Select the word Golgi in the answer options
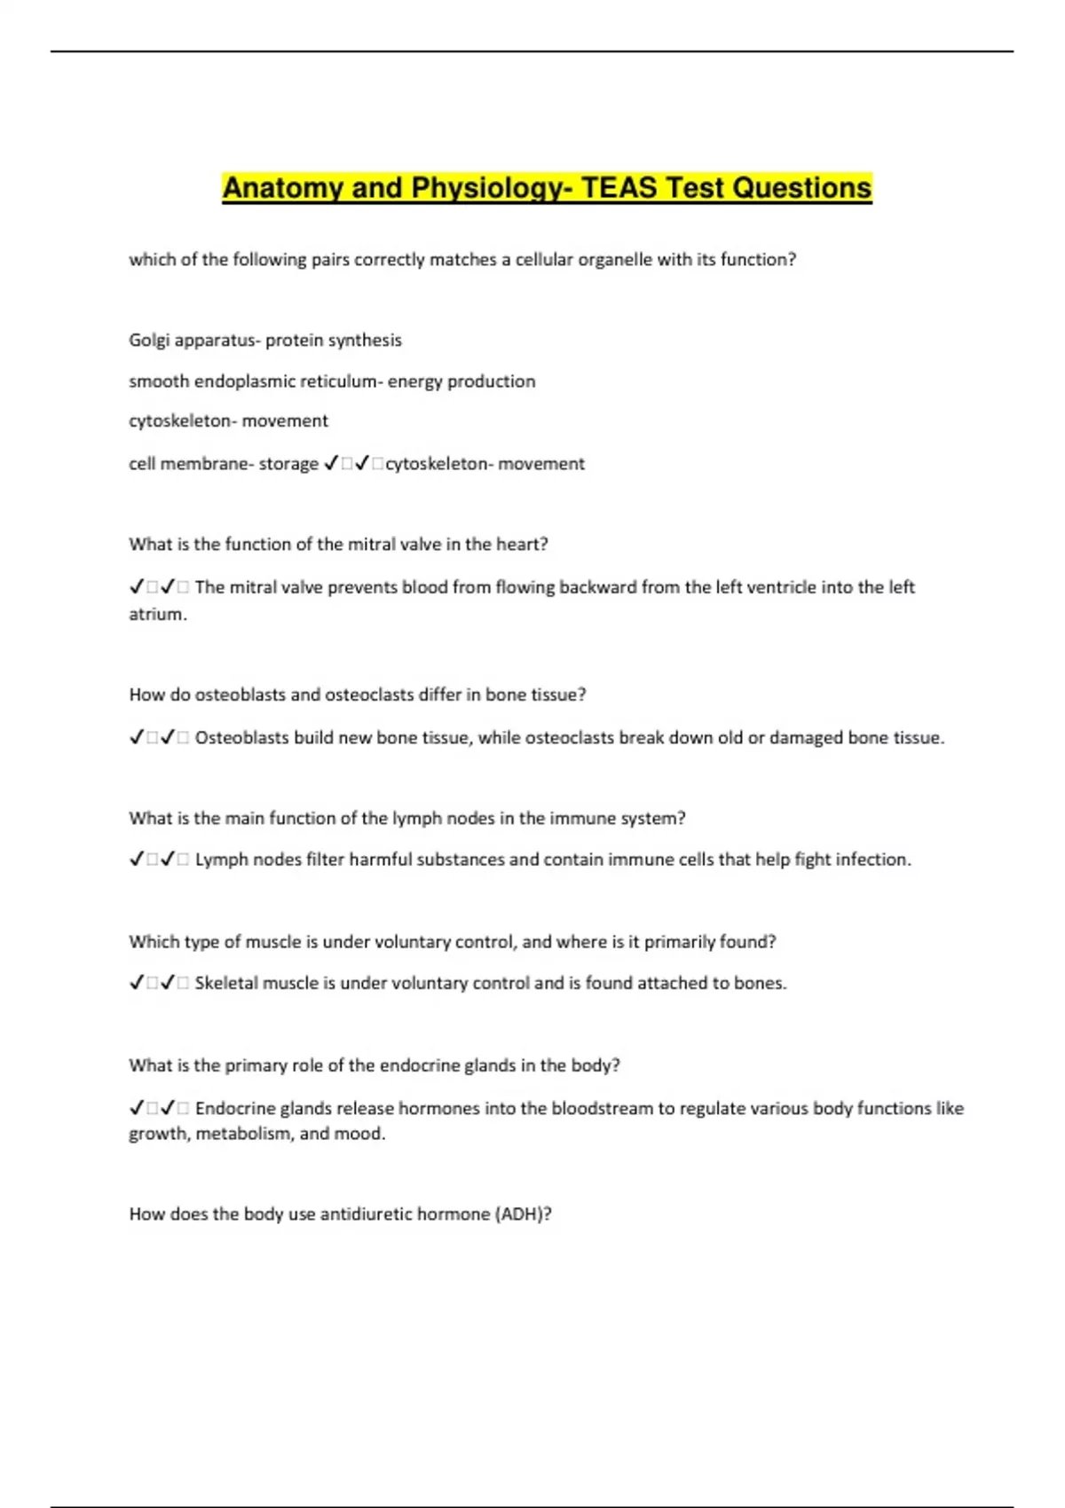148,341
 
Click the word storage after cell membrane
288,464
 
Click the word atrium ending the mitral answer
156,615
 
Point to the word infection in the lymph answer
873,860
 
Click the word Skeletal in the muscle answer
225,984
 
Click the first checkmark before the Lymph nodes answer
137,860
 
